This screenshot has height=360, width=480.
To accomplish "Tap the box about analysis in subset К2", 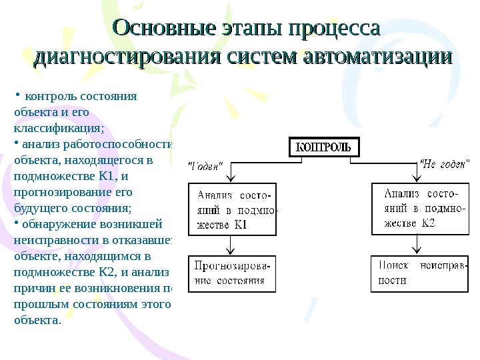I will click(419, 209).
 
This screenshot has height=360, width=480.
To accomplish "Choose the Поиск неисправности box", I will click(419, 273).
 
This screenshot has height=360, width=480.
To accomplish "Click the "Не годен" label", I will click(444, 163).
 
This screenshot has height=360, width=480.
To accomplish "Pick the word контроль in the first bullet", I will click(46, 95).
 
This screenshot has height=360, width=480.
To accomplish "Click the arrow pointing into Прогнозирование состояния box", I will click(229, 250).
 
